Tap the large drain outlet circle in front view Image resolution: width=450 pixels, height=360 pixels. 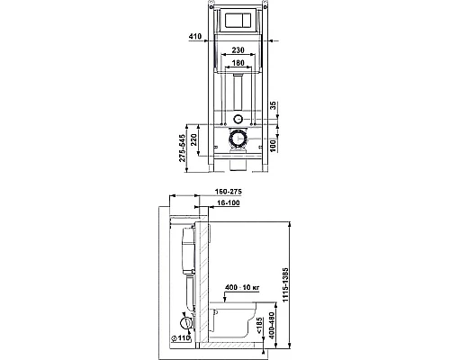[x=238, y=139]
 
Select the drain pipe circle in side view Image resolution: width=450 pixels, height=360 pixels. [x=186, y=320]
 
